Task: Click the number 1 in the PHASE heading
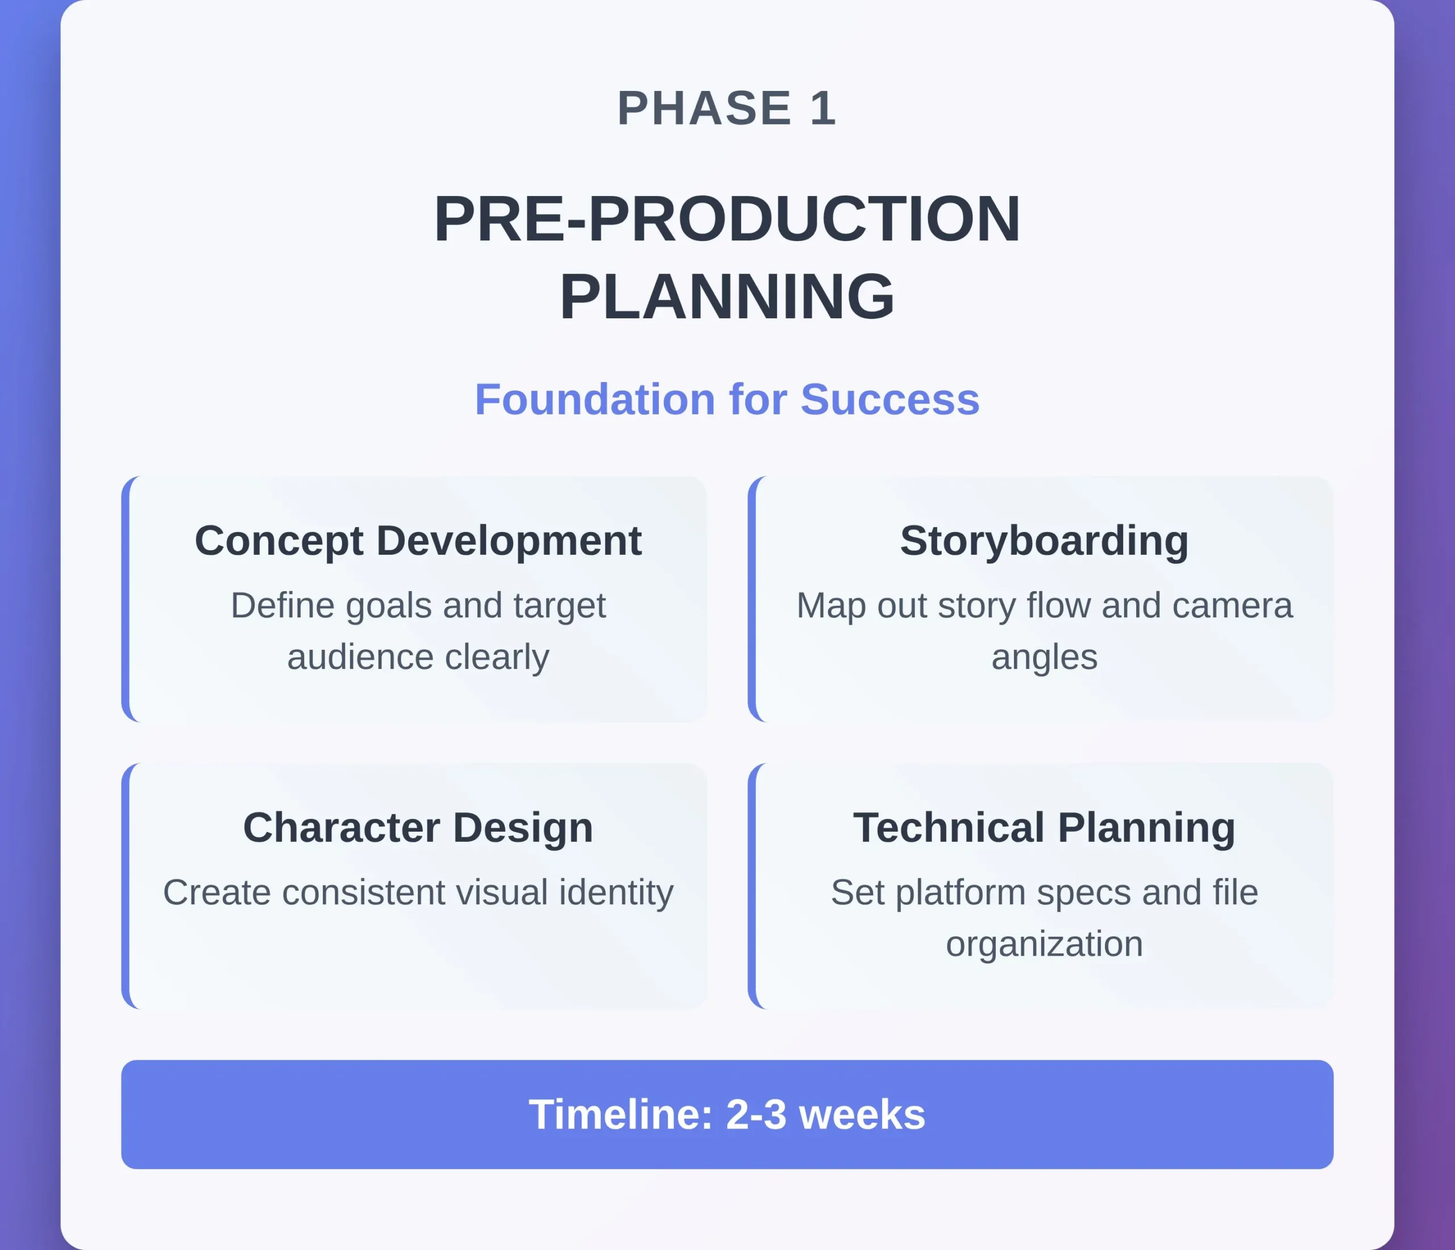[x=823, y=109]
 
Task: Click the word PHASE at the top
[x=704, y=109]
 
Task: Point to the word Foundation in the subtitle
[x=596, y=400]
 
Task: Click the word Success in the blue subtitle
[x=889, y=400]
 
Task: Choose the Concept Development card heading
[x=418, y=541]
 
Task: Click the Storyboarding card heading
[x=1044, y=541]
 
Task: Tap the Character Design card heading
[x=418, y=827]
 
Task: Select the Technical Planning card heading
[x=1044, y=827]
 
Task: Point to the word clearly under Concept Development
[x=497, y=657]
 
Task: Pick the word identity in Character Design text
[x=616, y=892]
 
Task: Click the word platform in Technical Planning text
[x=961, y=893]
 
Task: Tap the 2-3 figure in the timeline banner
[x=756, y=1115]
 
